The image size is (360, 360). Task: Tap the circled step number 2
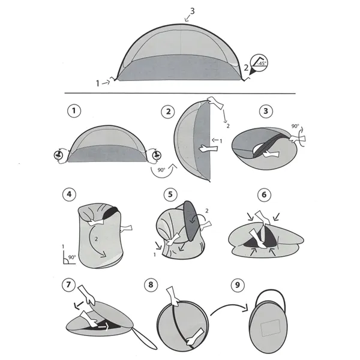coord(169,111)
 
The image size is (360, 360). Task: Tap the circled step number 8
coord(169,281)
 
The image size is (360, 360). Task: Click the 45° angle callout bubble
coord(259,62)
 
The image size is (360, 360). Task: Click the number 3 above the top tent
coord(192,11)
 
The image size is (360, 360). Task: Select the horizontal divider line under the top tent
coord(180,94)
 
